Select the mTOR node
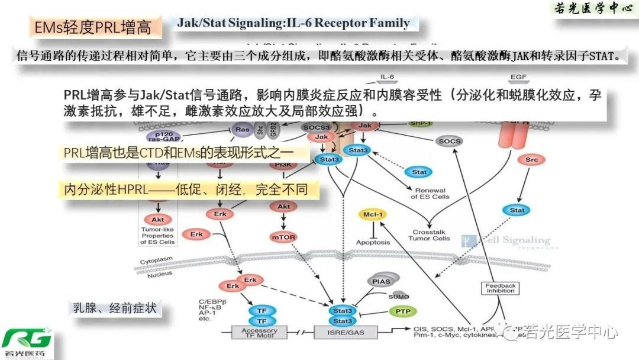[283, 237]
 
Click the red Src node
[531, 160]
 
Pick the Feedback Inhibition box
[501, 288]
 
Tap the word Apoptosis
[373, 242]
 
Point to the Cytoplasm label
[157, 261]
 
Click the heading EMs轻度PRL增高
[92, 27]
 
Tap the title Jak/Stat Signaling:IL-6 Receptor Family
[293, 24]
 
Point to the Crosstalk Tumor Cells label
[429, 234]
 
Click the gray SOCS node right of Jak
[450, 141]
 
